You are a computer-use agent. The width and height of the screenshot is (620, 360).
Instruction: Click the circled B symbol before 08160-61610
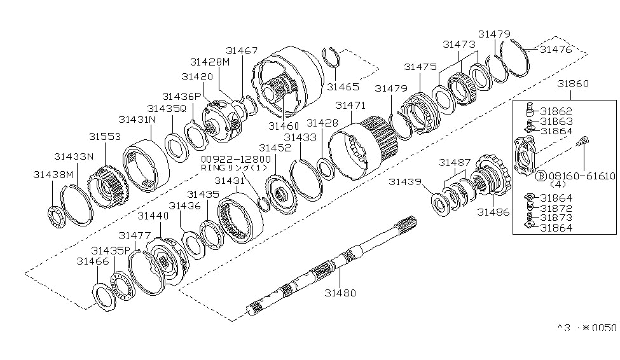(541, 176)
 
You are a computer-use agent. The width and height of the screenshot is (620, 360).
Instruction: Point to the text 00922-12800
(228, 159)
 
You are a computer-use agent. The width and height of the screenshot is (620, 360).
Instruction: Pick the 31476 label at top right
(556, 48)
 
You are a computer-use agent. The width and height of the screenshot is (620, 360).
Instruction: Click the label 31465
(343, 87)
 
